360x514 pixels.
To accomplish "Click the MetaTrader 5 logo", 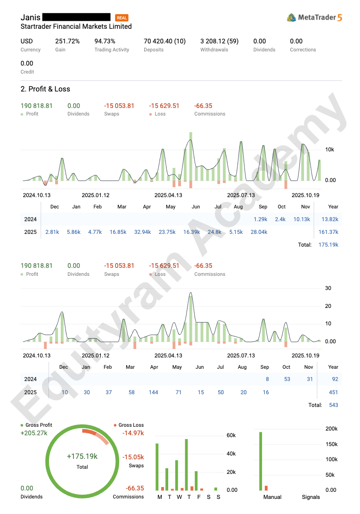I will (x=314, y=17).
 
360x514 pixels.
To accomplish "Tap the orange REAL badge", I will (x=122, y=18).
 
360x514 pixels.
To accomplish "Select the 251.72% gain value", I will (x=67, y=41).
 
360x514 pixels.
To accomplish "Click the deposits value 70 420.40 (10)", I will (x=164, y=41).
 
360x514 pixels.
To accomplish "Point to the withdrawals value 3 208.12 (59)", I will (x=219, y=41).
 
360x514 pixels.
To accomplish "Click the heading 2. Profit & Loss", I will (x=45, y=89).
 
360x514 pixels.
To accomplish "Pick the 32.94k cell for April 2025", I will (x=142, y=232).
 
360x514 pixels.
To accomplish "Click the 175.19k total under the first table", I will (x=328, y=245).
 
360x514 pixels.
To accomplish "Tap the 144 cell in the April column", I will (x=153, y=392).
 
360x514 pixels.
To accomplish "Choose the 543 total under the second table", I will (x=333, y=405).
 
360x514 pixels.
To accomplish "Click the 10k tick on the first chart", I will (x=329, y=149).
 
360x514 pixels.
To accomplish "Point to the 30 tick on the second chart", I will (x=328, y=289).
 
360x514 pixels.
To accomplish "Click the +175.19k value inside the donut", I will (x=82, y=456).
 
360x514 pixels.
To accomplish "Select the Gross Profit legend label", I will (x=39, y=425).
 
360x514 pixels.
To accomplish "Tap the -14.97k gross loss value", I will (x=133, y=433).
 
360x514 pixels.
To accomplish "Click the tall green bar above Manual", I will (x=261, y=461).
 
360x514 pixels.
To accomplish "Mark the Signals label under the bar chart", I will (x=311, y=497).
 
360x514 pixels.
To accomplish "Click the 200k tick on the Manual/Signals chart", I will (x=331, y=429).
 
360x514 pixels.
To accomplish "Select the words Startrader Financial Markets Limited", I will (x=76, y=27).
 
